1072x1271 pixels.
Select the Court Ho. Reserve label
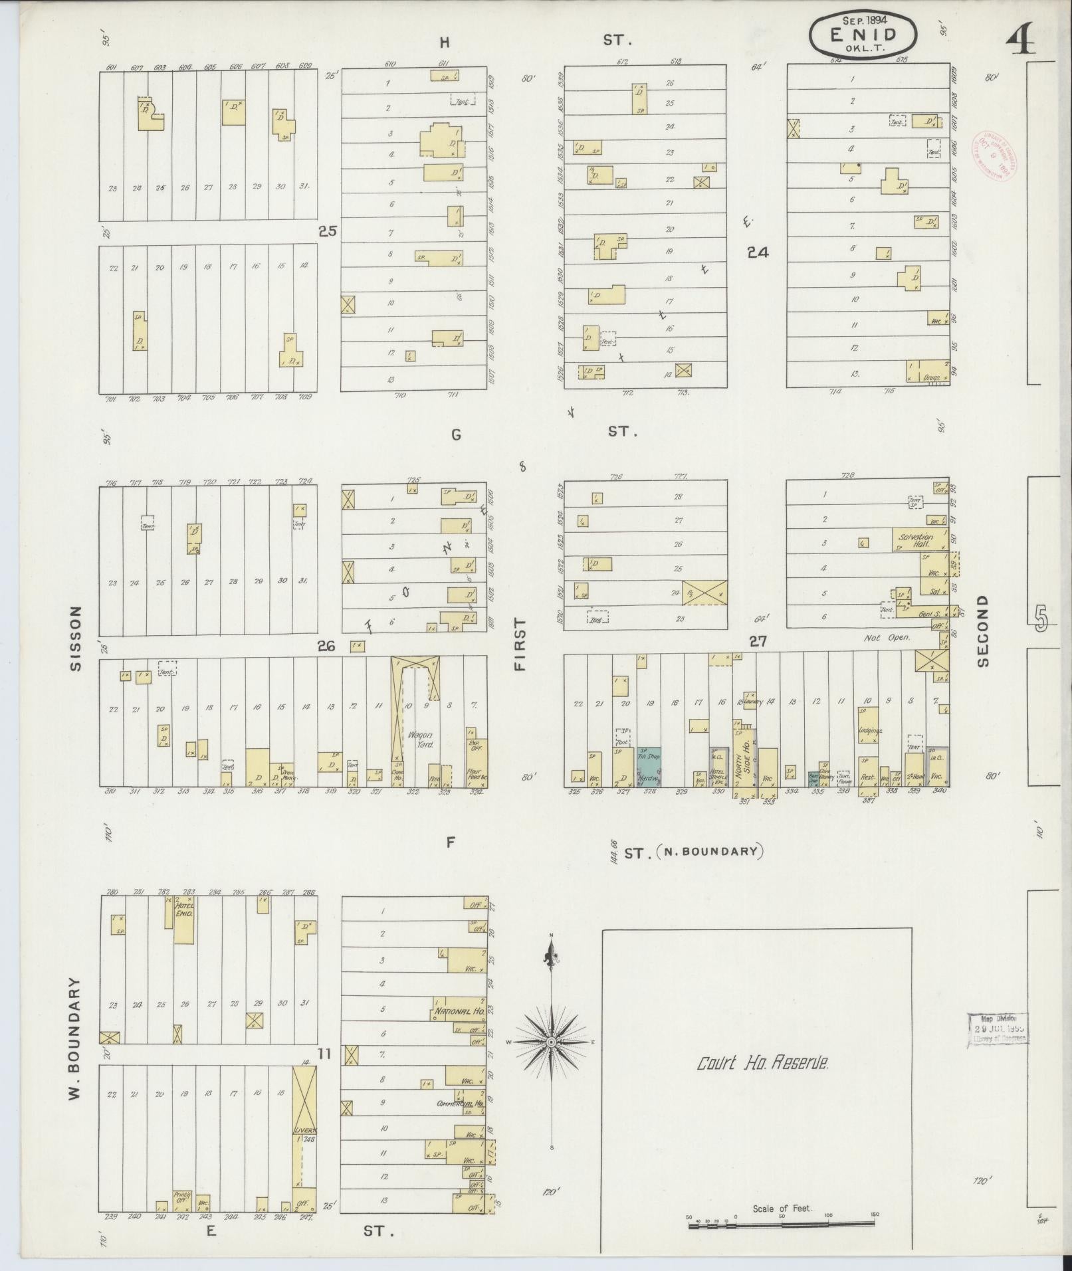(x=763, y=1064)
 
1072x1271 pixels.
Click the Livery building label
(x=305, y=1129)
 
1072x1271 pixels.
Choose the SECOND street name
(x=983, y=630)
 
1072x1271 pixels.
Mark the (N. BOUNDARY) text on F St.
(x=708, y=852)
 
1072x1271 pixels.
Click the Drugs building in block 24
(x=927, y=372)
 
